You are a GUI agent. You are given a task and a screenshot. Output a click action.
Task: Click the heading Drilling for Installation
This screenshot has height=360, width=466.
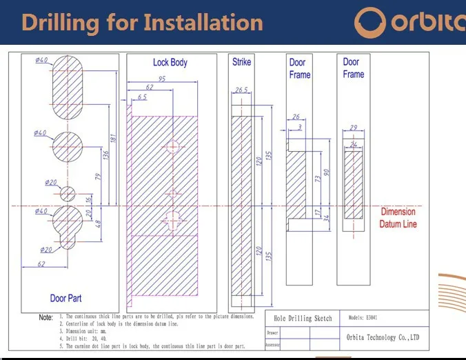click(x=142, y=22)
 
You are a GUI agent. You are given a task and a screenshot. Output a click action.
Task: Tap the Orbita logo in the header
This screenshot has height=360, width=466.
click(x=410, y=22)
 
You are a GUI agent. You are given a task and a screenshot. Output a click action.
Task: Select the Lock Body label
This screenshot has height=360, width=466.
click(x=170, y=63)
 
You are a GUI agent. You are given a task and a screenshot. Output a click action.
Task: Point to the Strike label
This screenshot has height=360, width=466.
click(x=241, y=63)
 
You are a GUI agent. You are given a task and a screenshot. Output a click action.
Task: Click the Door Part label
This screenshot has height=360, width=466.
click(x=67, y=299)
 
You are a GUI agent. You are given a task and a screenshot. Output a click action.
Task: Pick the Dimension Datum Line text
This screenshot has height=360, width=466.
click(x=398, y=218)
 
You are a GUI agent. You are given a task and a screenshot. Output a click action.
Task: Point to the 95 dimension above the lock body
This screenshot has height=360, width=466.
click(x=162, y=79)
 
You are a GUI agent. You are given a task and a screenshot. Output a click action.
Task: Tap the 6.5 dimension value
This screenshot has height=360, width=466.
click(x=141, y=97)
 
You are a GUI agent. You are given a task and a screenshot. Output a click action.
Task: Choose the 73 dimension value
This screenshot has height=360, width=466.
click(x=317, y=179)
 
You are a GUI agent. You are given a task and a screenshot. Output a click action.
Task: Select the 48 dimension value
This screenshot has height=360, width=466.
click(x=97, y=224)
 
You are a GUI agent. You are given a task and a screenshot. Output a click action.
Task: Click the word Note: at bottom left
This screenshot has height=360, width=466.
click(x=45, y=318)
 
